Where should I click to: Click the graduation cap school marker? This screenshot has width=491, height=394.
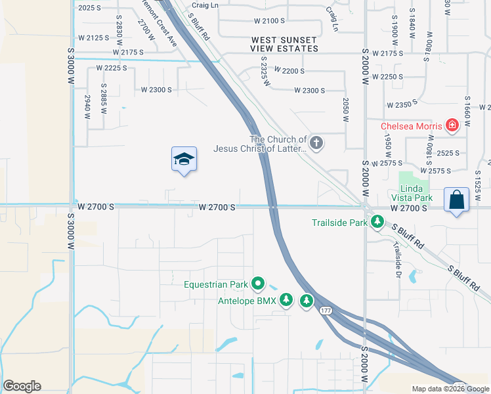184,160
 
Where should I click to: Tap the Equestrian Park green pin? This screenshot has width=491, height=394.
258,284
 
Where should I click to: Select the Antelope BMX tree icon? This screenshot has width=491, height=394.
286,301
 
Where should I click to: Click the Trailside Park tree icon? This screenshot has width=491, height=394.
377,223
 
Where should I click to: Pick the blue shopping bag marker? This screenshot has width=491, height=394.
456,200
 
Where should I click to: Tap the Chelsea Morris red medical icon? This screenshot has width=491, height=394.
452,125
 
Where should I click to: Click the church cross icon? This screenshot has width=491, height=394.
316,143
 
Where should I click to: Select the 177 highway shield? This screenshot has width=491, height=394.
326,311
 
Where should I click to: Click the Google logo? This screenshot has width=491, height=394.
22,386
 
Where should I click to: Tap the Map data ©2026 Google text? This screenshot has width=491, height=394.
450,389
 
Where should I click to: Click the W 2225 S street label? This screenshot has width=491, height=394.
112,68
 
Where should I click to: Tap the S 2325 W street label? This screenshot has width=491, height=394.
265,71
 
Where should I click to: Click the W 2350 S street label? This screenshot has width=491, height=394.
402,105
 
